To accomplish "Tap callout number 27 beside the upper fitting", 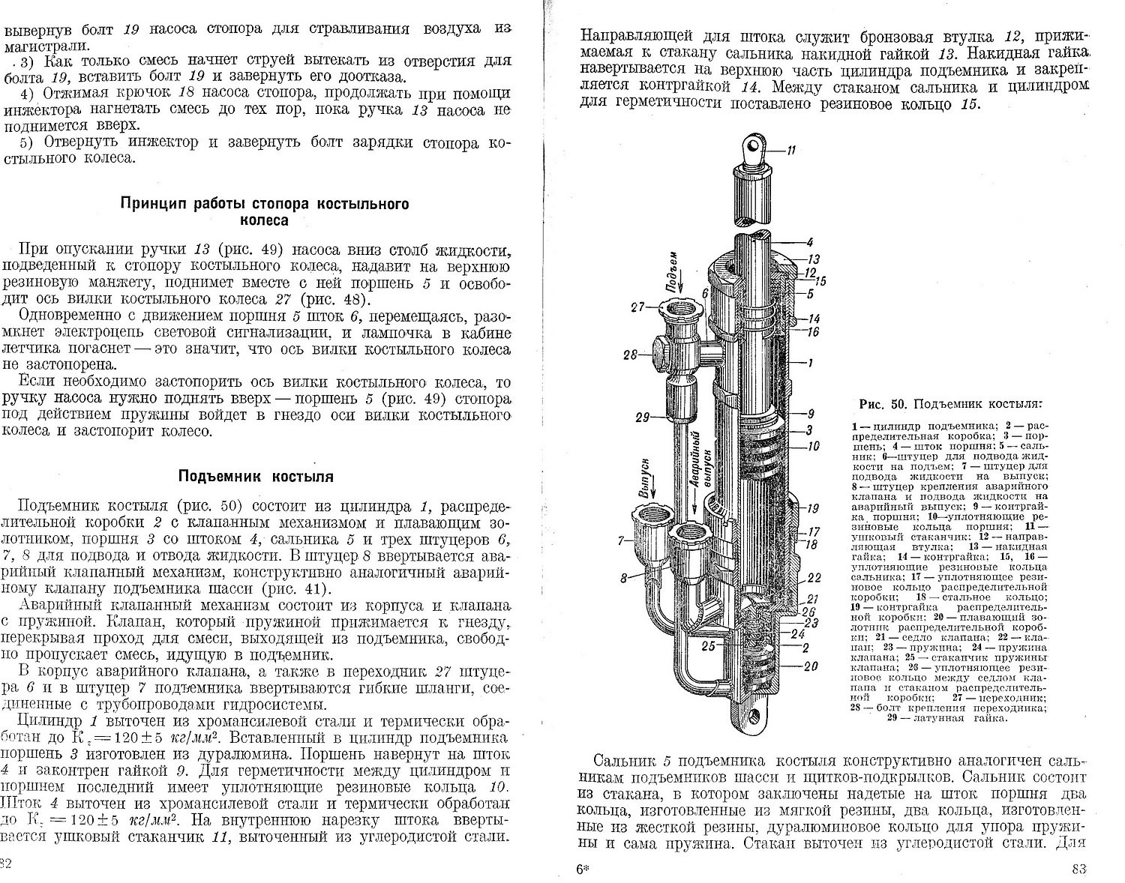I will [x=638, y=305].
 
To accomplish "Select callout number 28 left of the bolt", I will [x=629, y=355].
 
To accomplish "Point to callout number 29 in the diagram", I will [x=642, y=418].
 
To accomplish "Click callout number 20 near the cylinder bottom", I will [x=812, y=666].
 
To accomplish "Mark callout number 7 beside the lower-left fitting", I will [x=622, y=540].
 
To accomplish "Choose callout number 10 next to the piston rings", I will [x=813, y=447].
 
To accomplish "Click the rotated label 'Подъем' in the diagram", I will [x=673, y=271].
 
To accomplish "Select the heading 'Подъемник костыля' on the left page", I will [x=256, y=476].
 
